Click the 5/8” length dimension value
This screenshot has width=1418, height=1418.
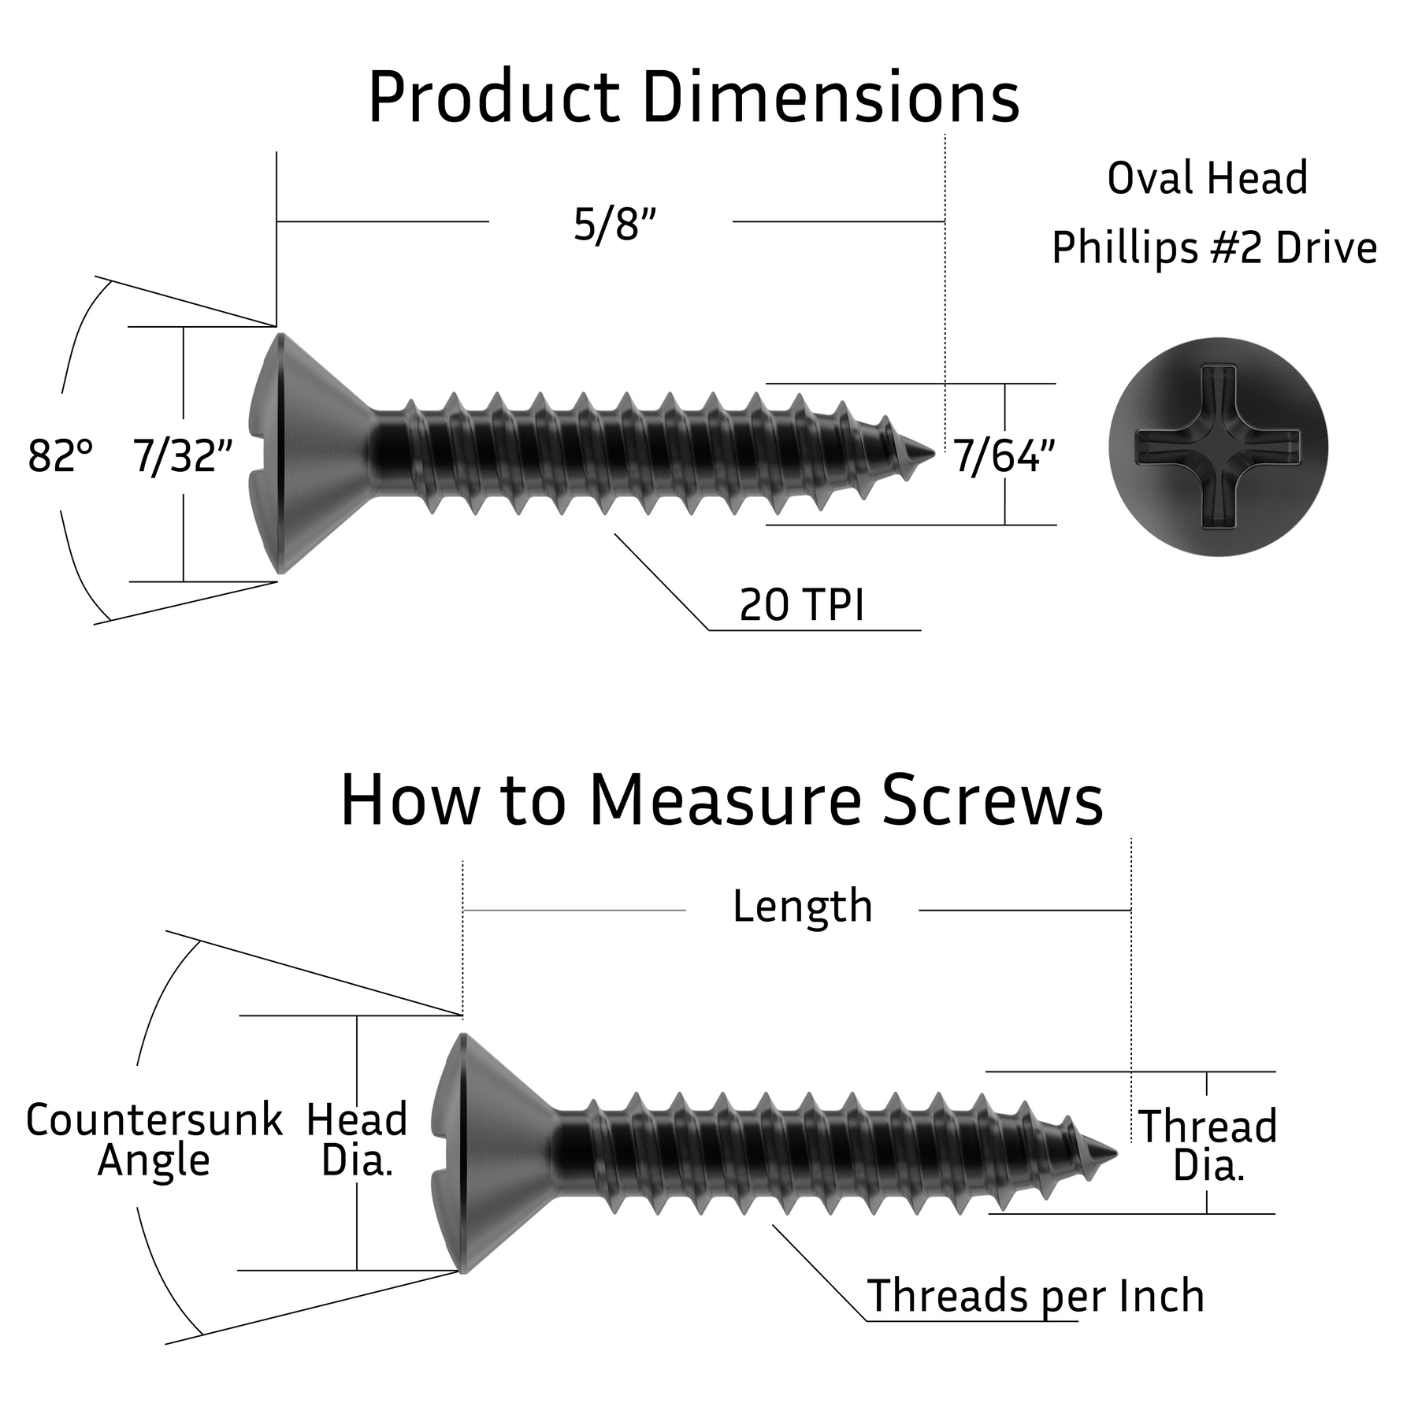(x=614, y=225)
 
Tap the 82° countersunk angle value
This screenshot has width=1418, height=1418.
(x=60, y=455)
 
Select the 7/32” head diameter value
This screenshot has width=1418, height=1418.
(x=183, y=455)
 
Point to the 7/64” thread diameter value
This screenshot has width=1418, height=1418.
(x=1004, y=455)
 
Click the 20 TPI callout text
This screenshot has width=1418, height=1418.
(x=801, y=605)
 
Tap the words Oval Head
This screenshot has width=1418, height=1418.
(x=1207, y=178)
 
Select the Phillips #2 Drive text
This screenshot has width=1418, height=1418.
(x=1214, y=248)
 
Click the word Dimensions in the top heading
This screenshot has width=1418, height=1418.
(x=830, y=98)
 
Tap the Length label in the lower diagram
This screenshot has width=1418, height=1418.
(x=802, y=906)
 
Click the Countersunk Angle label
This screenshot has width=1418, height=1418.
(x=154, y=1140)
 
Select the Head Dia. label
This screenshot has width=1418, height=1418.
(x=357, y=1140)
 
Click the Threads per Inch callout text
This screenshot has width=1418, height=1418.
(x=1035, y=1296)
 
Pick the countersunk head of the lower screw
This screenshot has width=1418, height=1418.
(x=492, y=1153)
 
